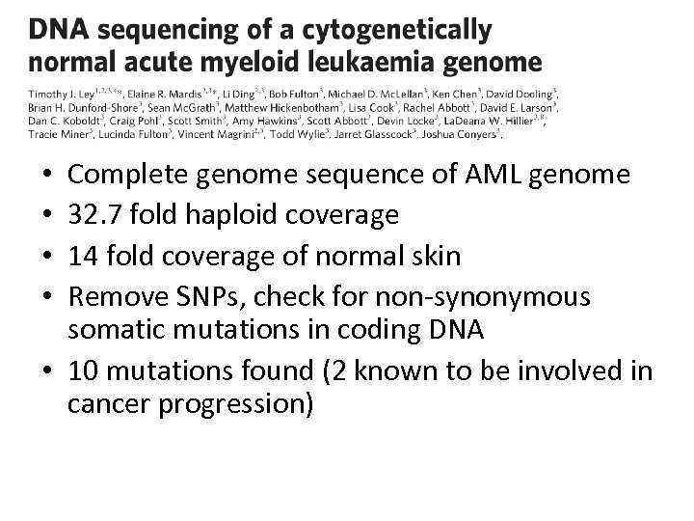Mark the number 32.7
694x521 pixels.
coord(93,214)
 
